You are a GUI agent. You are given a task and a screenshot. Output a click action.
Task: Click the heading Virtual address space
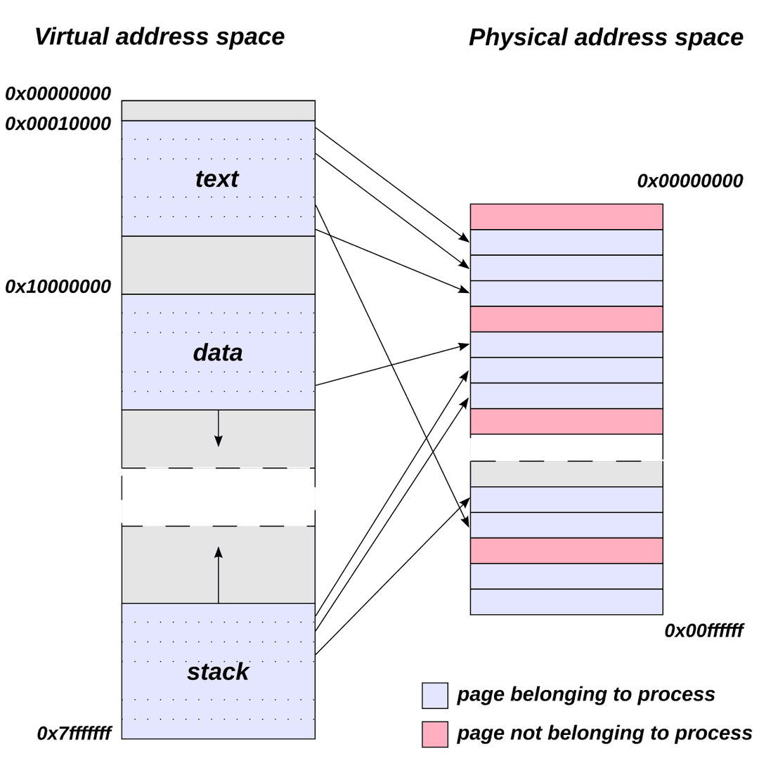(x=159, y=37)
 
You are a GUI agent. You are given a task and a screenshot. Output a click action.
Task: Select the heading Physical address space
(x=605, y=37)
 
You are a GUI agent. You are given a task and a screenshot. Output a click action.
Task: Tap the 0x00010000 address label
(x=58, y=124)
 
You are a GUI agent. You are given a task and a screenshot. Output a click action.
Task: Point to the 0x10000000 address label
(x=58, y=286)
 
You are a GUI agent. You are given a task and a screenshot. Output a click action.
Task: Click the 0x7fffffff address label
(x=74, y=734)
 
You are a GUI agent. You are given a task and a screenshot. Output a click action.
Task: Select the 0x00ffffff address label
(x=703, y=631)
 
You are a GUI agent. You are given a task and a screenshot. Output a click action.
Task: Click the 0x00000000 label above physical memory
(x=689, y=181)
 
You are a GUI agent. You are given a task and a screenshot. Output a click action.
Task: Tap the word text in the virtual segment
(x=217, y=179)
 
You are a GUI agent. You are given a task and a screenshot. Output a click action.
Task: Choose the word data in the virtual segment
(x=218, y=353)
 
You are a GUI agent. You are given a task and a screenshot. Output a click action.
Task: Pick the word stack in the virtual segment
(x=218, y=672)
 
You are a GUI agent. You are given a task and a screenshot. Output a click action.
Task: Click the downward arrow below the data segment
(x=219, y=428)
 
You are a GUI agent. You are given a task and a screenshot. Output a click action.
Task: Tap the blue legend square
(x=434, y=695)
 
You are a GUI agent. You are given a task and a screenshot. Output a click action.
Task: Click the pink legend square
(x=434, y=734)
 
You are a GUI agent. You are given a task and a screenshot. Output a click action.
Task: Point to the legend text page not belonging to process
(x=604, y=734)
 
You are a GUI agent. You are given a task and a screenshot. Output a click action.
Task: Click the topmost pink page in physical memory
(x=566, y=216)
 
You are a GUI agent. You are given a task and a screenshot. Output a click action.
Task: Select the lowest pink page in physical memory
(x=566, y=550)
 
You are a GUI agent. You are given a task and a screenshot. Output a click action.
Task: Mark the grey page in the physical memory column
(x=566, y=474)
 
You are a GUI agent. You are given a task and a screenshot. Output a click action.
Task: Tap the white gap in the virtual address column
(x=218, y=497)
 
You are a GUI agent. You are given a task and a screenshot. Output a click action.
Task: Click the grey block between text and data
(x=218, y=265)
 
